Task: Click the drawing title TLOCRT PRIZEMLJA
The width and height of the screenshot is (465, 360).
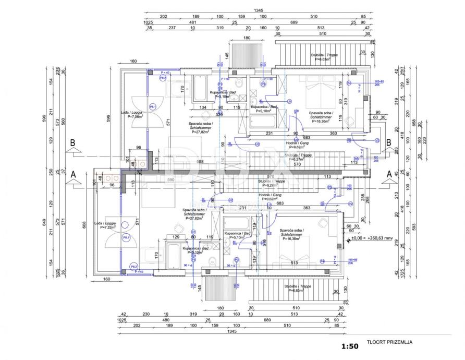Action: pos(390,343)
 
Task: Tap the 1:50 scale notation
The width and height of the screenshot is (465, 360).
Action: pos(350,346)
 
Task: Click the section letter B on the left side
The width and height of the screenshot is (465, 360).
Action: pos(74,142)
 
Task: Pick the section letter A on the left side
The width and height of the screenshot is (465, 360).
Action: pos(74,174)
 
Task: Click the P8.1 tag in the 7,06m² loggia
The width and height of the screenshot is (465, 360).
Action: pos(153,106)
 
